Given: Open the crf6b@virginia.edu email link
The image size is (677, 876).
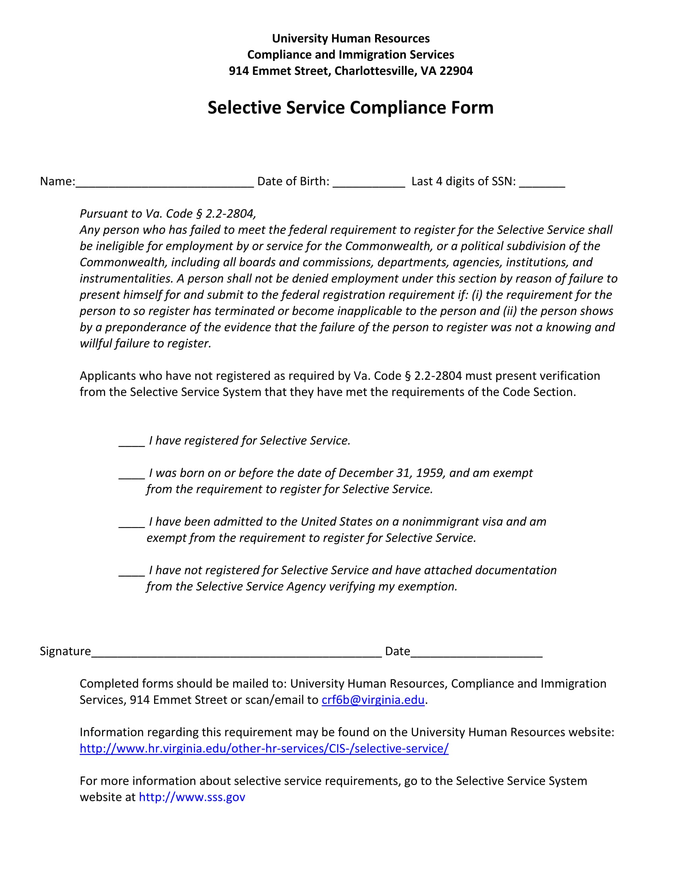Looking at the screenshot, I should pyautogui.click(x=373, y=700).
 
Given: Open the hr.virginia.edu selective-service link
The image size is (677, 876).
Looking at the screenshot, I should pyautogui.click(x=264, y=749).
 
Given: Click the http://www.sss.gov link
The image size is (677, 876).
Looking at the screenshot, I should pyautogui.click(x=192, y=797).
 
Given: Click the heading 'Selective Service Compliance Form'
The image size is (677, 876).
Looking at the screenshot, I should pyautogui.click(x=350, y=108).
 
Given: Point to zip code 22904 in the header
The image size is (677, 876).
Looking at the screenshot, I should pyautogui.click(x=456, y=71).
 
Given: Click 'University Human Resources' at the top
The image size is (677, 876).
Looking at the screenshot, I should pyautogui.click(x=350, y=39).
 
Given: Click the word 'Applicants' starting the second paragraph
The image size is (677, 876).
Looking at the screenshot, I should pyautogui.click(x=106, y=376).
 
